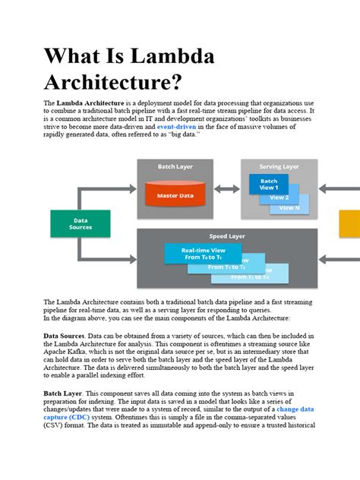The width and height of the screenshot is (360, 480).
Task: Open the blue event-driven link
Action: tap(177, 125)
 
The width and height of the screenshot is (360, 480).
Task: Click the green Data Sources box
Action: tap(81, 223)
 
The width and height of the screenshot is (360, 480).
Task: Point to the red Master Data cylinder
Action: tap(175, 195)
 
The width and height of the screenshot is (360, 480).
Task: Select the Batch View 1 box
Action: tap(268, 184)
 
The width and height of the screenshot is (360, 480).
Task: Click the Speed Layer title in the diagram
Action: tap(227, 235)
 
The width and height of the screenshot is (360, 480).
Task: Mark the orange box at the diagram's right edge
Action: tap(349, 223)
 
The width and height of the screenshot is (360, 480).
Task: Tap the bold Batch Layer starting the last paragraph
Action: tap(63, 393)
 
